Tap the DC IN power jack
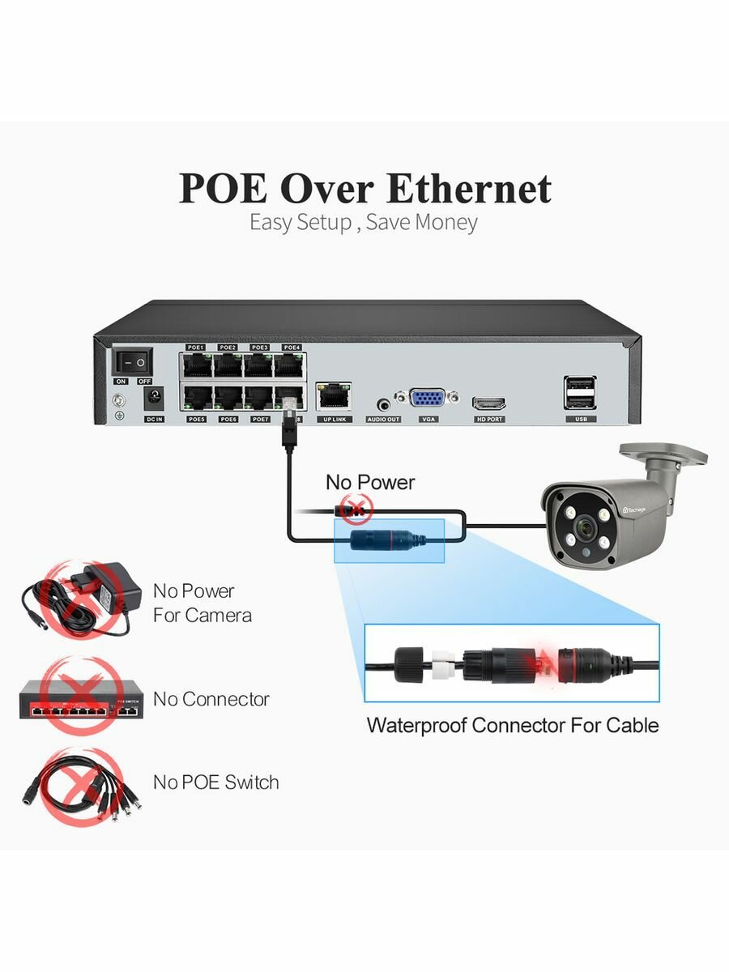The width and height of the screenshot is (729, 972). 152,398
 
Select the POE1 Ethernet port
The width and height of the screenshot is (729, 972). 195,364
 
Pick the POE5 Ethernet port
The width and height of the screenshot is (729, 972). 195,398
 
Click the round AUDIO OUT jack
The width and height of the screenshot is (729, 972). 383,400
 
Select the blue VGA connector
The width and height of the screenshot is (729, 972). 427,399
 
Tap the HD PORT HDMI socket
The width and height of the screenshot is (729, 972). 489,402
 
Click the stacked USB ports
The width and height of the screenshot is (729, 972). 581,392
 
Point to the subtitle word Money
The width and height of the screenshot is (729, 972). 446,223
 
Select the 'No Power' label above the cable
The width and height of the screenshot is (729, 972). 369,483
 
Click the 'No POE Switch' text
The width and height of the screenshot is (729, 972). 215,782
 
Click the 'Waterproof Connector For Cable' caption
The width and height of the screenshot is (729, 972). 512,725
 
